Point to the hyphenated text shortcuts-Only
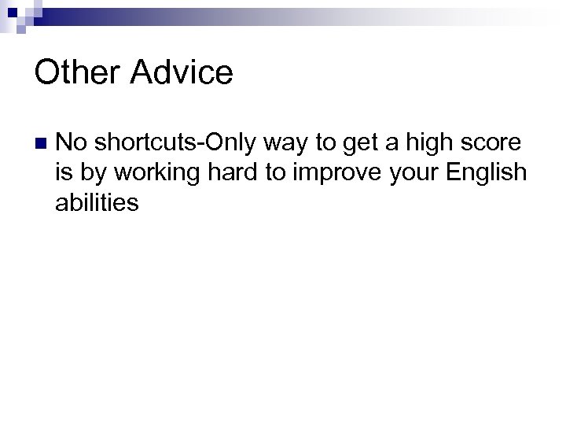(186, 142)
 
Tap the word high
(439, 142)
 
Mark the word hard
(230, 172)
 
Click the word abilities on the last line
(97, 202)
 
